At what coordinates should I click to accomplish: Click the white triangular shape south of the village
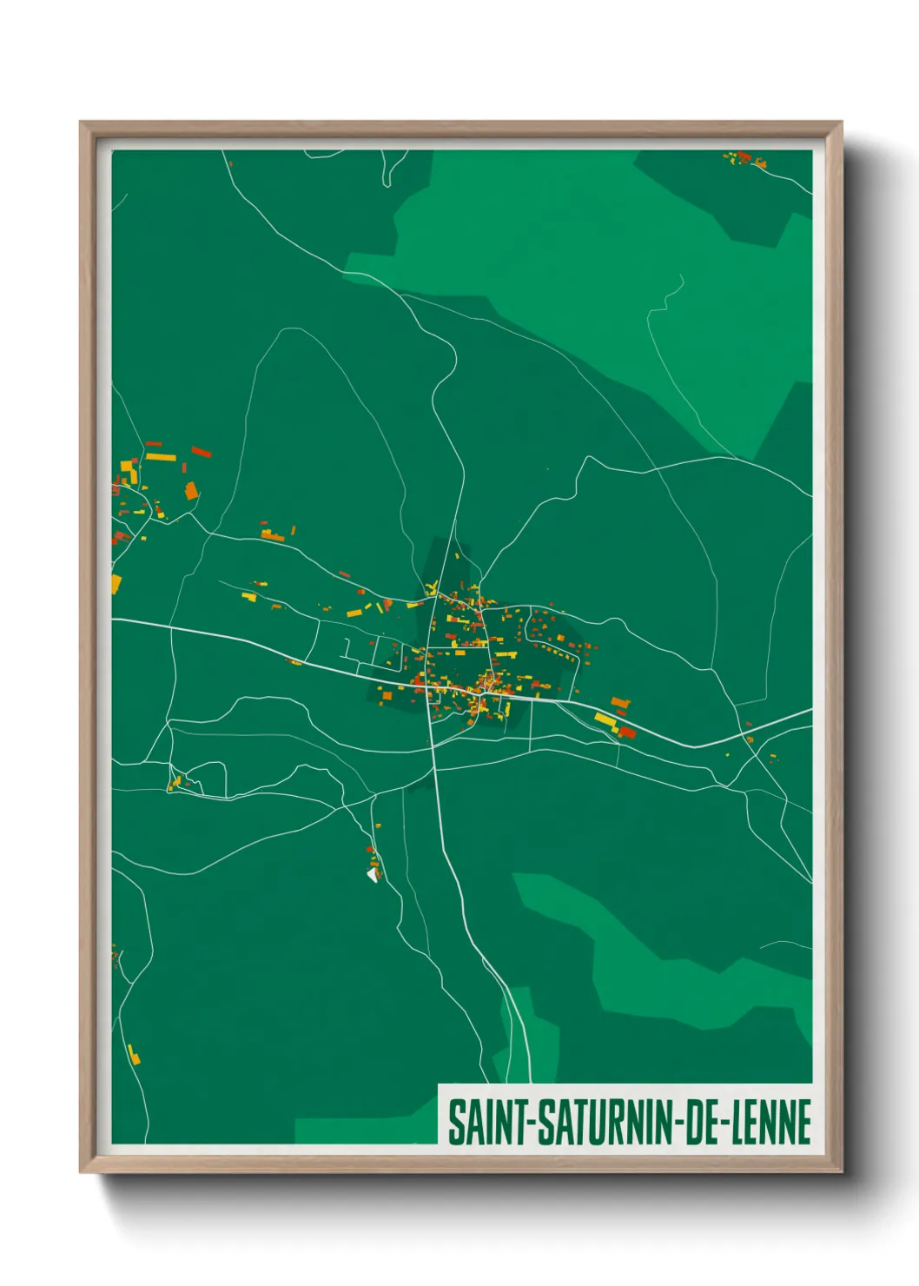click(374, 874)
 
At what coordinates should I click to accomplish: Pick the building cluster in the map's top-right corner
click(745, 159)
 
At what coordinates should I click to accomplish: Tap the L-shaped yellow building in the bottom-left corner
click(133, 1054)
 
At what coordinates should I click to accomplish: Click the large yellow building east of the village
click(605, 720)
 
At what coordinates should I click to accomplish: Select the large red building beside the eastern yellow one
click(627, 732)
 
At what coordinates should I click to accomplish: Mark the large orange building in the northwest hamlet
click(191, 491)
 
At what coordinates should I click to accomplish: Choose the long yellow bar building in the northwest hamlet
click(161, 456)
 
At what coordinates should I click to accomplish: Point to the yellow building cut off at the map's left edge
click(116, 583)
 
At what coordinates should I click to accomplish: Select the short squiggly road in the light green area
click(669, 295)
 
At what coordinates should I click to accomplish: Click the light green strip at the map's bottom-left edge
click(365, 1130)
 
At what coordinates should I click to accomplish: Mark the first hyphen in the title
click(530, 1123)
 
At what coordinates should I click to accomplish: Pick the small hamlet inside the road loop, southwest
click(176, 782)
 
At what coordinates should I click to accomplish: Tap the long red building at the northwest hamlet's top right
click(202, 451)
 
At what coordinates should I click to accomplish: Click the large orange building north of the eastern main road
click(619, 702)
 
